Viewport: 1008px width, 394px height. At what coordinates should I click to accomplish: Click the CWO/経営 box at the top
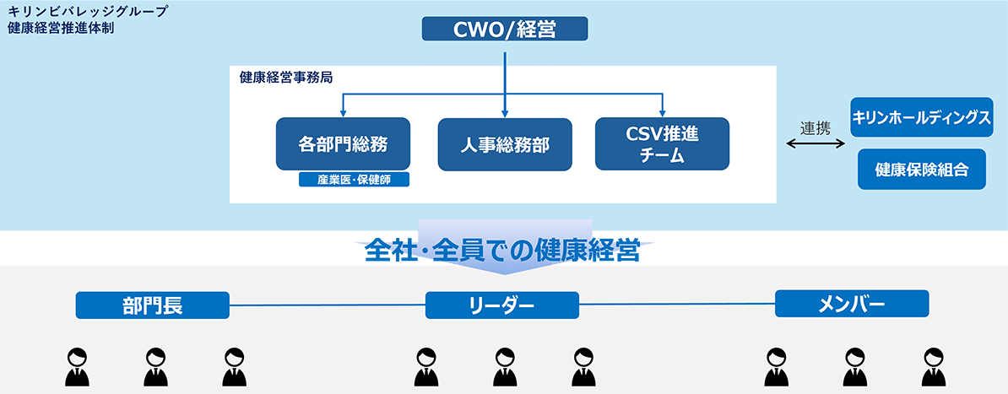(505, 30)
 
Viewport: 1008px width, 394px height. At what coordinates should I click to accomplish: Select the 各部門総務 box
(343, 143)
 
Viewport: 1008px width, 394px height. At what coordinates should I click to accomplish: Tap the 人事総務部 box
(505, 144)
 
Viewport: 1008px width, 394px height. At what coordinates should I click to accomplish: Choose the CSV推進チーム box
(662, 143)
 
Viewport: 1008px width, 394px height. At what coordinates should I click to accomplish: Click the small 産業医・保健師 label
(354, 179)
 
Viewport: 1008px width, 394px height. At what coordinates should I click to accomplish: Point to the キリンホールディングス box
(921, 116)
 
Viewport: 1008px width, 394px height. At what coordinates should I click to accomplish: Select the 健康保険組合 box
(921, 170)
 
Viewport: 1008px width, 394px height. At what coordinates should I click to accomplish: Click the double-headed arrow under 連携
(815, 144)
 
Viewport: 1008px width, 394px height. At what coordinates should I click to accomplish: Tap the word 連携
(815, 128)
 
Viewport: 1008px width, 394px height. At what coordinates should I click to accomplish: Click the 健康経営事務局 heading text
(285, 78)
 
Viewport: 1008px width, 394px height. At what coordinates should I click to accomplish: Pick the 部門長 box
(153, 305)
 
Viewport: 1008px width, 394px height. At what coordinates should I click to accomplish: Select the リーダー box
(502, 305)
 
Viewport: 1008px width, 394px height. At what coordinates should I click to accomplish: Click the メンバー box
(851, 304)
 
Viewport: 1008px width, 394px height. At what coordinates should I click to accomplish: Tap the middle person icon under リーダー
(504, 366)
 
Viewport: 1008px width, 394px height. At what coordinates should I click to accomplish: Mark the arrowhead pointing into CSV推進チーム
(662, 113)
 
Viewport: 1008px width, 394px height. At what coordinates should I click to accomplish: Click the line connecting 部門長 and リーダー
(328, 305)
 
